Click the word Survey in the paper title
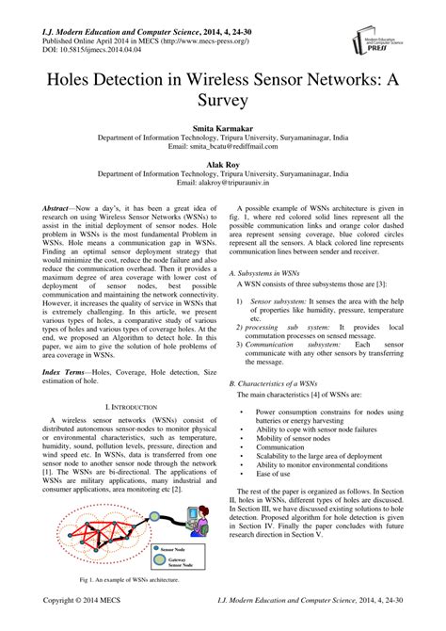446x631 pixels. [x=223, y=97]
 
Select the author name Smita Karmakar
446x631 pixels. [x=223, y=125]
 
